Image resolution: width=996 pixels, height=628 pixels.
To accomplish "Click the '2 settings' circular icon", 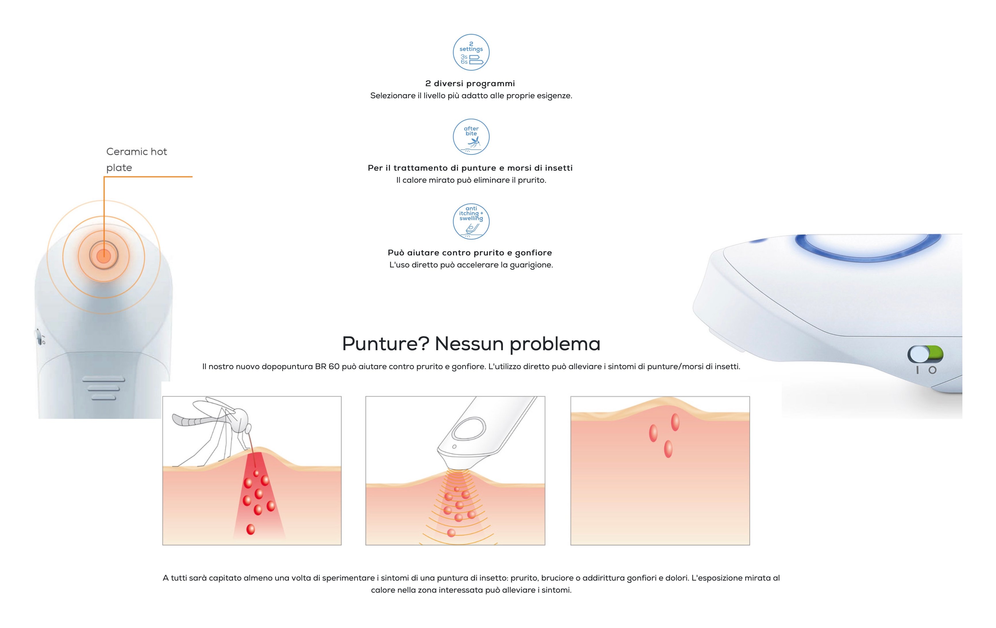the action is [x=471, y=52].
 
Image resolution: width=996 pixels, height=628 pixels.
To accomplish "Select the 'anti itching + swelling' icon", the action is [x=471, y=221].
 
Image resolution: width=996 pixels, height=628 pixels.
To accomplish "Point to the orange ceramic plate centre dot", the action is [x=103, y=256].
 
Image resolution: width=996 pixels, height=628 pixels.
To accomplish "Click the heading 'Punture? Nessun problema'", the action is [x=471, y=343].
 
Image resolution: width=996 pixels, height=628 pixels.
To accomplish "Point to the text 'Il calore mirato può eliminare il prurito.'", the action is [x=471, y=180].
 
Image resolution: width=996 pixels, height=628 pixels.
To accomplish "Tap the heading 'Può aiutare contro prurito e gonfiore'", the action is [x=470, y=253].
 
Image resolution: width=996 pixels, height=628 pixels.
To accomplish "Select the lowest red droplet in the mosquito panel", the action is [x=251, y=529].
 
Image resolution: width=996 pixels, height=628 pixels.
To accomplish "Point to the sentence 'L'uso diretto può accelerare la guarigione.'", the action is [x=471, y=265].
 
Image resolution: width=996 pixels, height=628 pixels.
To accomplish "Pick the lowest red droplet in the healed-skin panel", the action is [x=668, y=449].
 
